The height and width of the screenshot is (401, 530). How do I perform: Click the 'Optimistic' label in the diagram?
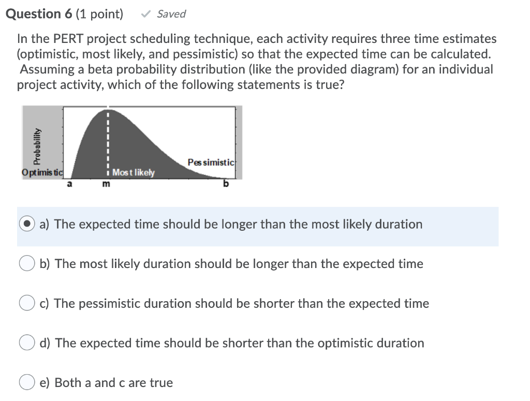(x=42, y=172)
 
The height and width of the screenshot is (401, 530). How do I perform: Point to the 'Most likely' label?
(x=133, y=172)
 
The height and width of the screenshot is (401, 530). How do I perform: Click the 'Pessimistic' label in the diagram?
(x=211, y=162)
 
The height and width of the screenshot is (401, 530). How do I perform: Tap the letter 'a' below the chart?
(x=69, y=183)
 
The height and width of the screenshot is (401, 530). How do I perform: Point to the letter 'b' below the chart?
(x=226, y=183)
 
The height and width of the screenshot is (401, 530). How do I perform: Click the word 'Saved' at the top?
(x=171, y=14)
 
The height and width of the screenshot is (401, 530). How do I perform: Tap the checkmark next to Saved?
(x=145, y=14)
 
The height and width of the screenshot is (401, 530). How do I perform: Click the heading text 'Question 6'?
(x=38, y=14)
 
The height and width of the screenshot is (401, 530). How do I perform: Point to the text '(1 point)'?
(x=99, y=14)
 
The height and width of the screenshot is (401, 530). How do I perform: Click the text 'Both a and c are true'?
(x=113, y=383)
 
